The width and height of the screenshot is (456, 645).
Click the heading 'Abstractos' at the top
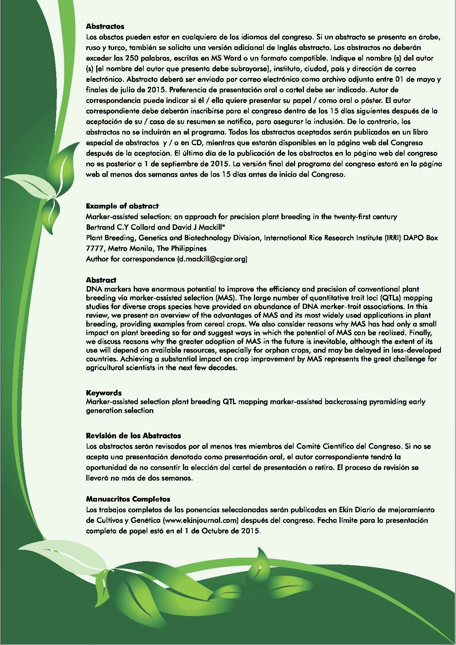[105, 26]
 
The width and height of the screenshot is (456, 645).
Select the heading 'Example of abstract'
[122, 206]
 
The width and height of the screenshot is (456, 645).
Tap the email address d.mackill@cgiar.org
[212, 259]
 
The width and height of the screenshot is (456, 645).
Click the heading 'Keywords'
[104, 393]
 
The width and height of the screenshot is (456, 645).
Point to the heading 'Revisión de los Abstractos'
[133, 436]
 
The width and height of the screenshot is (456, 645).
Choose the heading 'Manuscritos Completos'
[128, 499]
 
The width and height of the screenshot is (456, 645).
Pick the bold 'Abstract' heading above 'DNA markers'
[101, 280]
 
